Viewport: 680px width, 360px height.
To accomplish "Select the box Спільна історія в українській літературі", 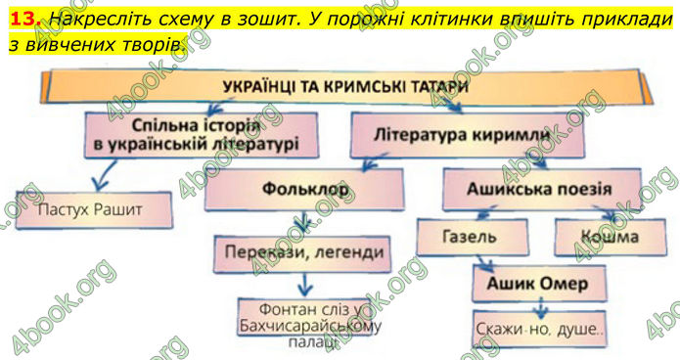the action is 203,136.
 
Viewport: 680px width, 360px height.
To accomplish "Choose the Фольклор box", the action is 304,188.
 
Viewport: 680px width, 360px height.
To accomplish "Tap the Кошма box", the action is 608,237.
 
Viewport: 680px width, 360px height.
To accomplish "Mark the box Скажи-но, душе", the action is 538,330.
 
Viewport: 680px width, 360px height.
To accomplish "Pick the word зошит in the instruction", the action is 312,19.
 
